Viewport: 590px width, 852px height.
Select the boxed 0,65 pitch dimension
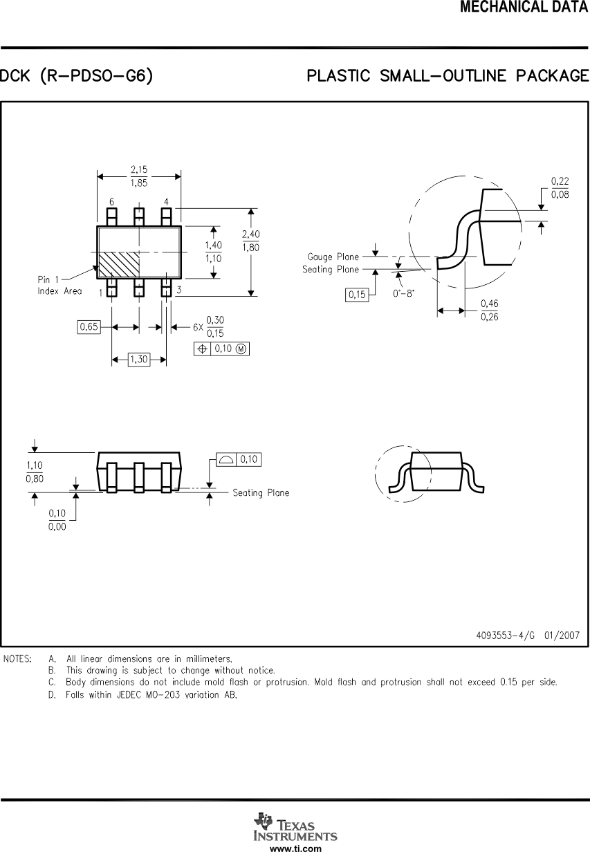[88, 327]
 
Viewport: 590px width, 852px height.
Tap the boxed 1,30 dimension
[139, 360]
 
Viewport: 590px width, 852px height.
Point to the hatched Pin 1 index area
[119, 264]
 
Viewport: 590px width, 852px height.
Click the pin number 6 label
[111, 202]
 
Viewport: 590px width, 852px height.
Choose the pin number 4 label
[166, 202]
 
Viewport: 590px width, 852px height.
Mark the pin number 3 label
[178, 290]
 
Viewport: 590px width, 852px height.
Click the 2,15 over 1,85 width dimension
[139, 176]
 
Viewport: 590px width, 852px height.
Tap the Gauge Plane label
[333, 257]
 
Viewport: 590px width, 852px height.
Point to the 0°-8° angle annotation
[403, 293]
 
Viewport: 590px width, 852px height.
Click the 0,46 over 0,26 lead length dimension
[489, 311]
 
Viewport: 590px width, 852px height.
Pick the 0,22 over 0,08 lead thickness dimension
[560, 187]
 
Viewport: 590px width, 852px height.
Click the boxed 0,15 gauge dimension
[357, 295]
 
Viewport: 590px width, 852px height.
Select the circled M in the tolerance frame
[241, 349]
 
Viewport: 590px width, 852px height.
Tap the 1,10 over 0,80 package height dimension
[35, 472]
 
